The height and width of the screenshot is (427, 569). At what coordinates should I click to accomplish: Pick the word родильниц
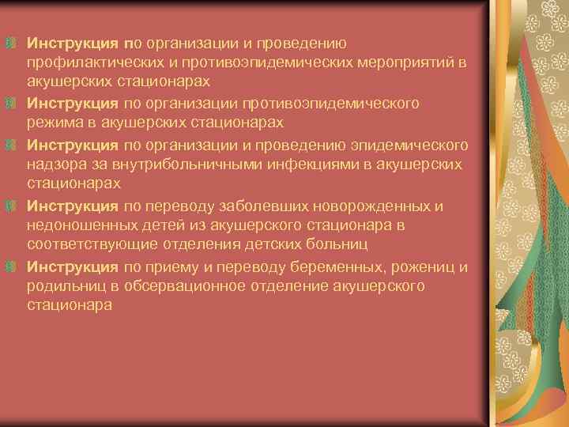coord(65,286)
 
